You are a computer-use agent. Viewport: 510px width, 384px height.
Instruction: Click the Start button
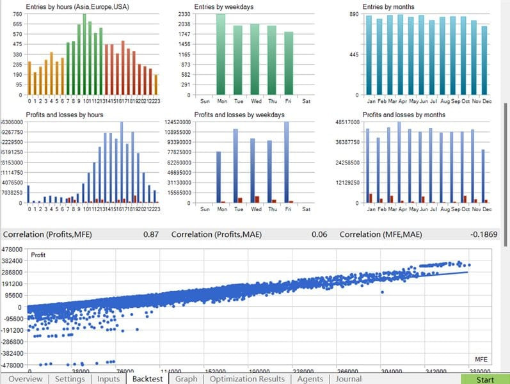(x=484, y=379)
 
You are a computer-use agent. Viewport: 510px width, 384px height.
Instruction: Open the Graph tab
(x=186, y=379)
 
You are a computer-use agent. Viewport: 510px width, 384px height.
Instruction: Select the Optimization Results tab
(x=247, y=379)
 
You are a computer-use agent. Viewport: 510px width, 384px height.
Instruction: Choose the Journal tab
(x=348, y=379)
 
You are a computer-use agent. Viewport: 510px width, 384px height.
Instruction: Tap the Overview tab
(x=26, y=379)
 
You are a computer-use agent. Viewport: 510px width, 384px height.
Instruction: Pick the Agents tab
(x=310, y=379)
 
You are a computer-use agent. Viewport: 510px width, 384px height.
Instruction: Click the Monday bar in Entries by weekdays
(x=221, y=54)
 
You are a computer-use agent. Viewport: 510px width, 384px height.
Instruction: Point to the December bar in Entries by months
(x=484, y=60)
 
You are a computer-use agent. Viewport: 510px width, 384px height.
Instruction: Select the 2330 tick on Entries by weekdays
(x=183, y=14)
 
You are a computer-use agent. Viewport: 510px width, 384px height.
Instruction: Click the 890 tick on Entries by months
(x=353, y=14)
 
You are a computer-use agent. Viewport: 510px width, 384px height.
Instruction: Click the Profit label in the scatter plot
(x=38, y=255)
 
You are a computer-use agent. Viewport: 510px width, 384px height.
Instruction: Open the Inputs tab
(x=108, y=379)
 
